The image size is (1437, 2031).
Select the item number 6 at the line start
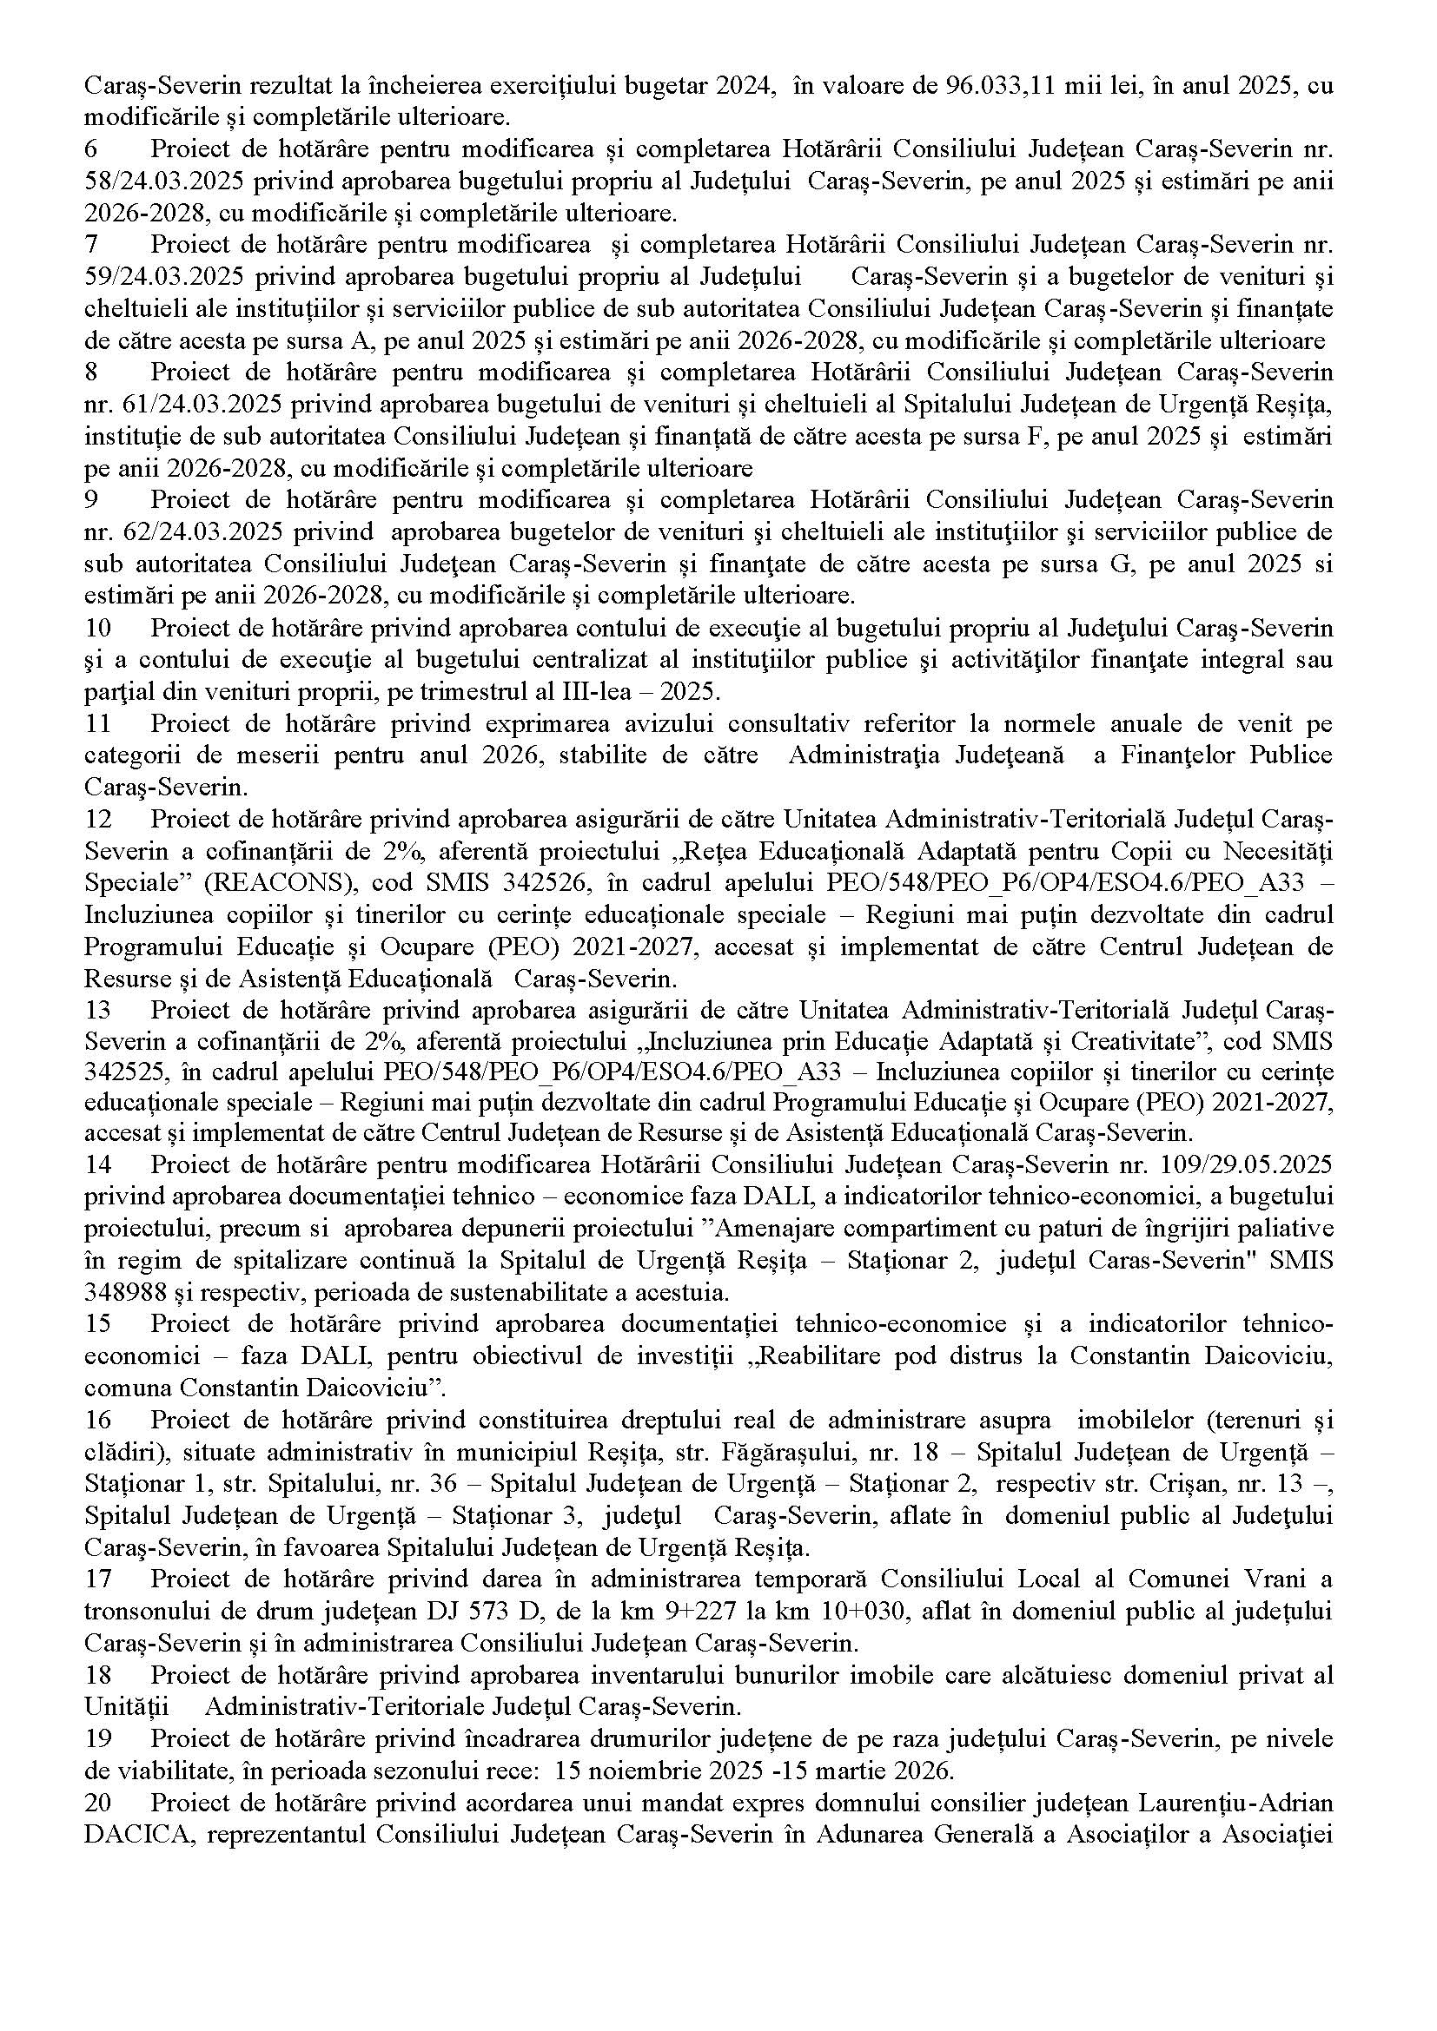pos(90,149)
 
